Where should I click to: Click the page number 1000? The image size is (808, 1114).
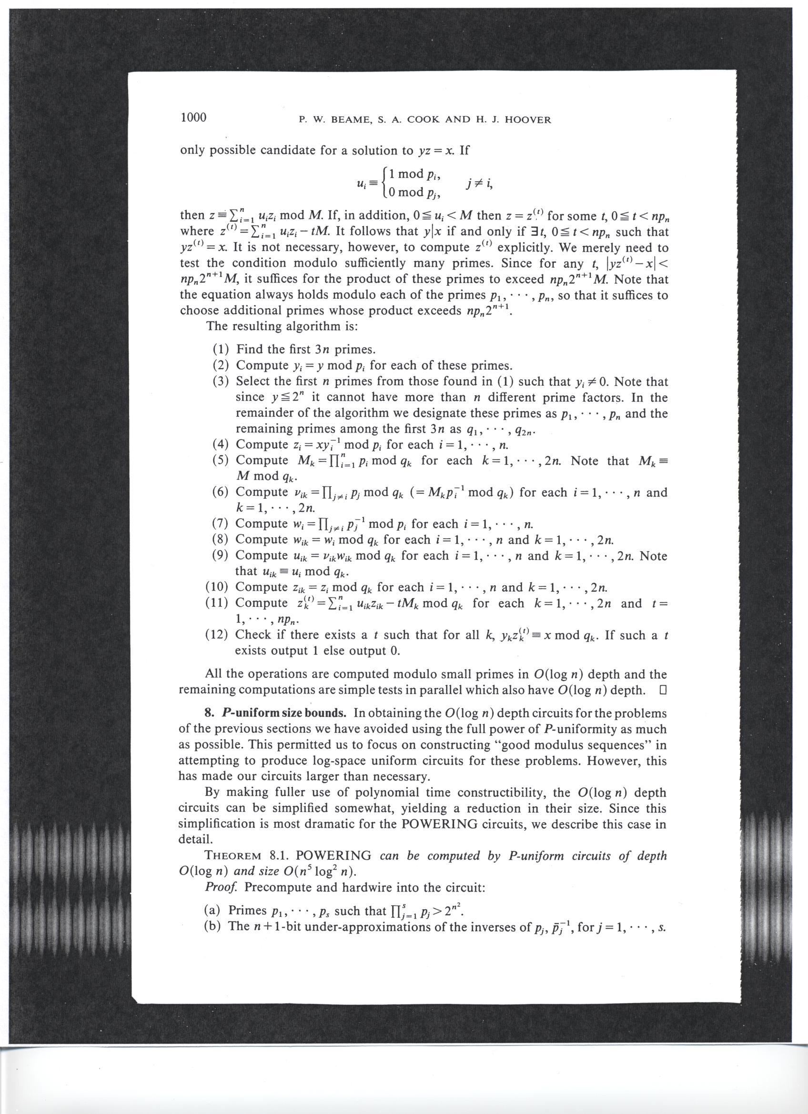point(193,118)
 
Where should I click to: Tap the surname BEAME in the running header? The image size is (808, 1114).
point(349,120)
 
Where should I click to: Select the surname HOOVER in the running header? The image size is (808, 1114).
point(527,120)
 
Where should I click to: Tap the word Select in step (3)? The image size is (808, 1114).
point(254,381)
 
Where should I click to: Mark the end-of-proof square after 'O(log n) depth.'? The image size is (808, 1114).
point(662,691)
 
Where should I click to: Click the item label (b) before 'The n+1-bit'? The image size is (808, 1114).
point(212,926)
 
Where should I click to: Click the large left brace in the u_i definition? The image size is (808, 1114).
point(385,183)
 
